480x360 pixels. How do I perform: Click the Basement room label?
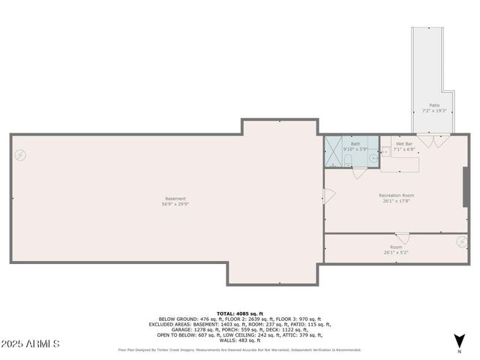coord(175,199)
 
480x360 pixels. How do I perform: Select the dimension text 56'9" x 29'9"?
coord(175,204)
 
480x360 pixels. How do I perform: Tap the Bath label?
coord(355,144)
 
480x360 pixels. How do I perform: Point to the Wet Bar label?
coord(405,144)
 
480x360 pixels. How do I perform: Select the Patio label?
coord(433,105)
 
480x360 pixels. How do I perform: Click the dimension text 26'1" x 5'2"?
coord(395,252)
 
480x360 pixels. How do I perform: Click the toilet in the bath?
coord(349,166)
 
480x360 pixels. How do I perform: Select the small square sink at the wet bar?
coord(385,151)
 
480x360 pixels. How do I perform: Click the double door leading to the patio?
coord(433,141)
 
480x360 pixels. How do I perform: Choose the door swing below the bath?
coord(360,173)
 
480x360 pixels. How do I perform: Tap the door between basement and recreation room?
coord(328,196)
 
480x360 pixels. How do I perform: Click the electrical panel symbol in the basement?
coord(20,155)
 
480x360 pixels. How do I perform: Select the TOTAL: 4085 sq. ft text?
coord(236,313)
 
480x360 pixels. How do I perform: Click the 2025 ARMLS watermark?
coord(30,343)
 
